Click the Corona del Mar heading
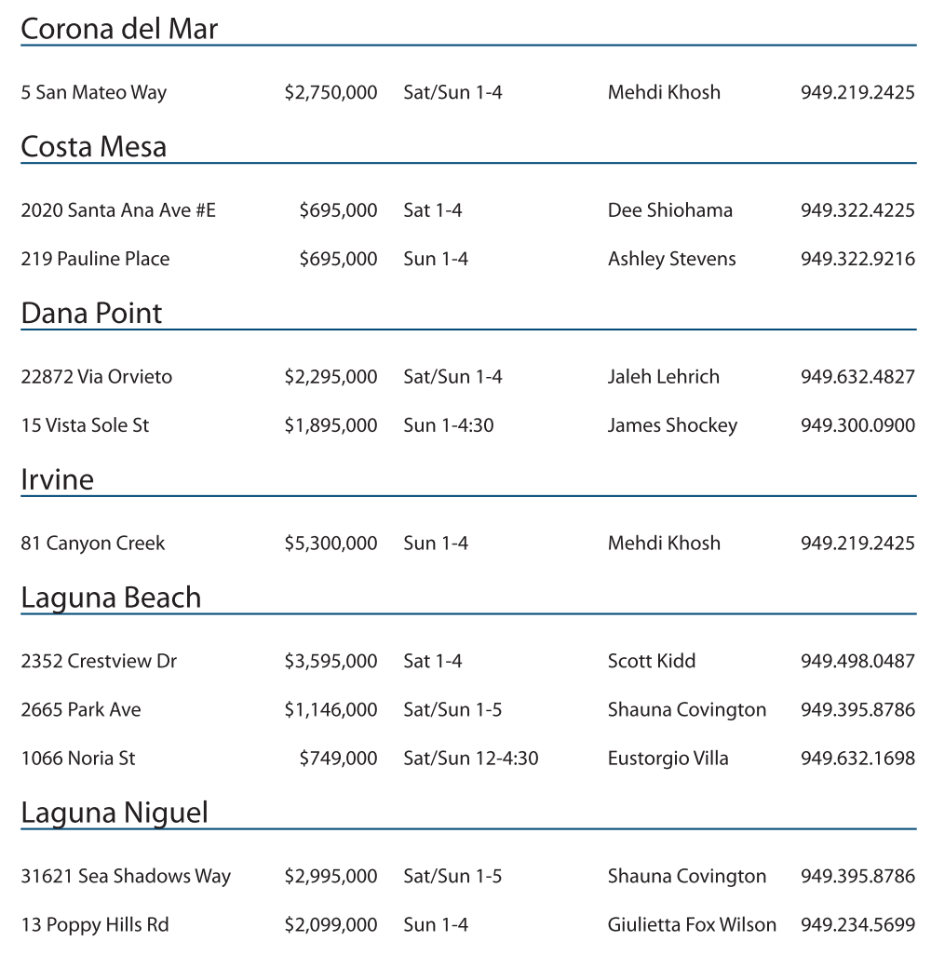[x=119, y=29]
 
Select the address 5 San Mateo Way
[x=94, y=92]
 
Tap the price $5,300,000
[x=331, y=543]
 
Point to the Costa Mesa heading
[x=94, y=147]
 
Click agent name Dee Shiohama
[x=669, y=210]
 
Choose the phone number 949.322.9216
[x=857, y=259]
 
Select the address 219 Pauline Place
[x=95, y=259]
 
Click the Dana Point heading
[x=91, y=314]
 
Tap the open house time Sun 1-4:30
[x=448, y=425]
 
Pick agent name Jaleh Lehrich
[x=663, y=377]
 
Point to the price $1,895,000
[x=331, y=425]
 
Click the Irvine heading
[x=58, y=480]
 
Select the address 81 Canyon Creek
[x=93, y=543]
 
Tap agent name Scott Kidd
[x=652, y=661]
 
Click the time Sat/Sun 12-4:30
[x=470, y=759]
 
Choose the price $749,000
[x=338, y=759]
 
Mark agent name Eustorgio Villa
[x=668, y=759]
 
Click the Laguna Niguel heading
[x=115, y=813]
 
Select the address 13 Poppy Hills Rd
[x=95, y=924]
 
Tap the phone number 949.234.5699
[x=857, y=924]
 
